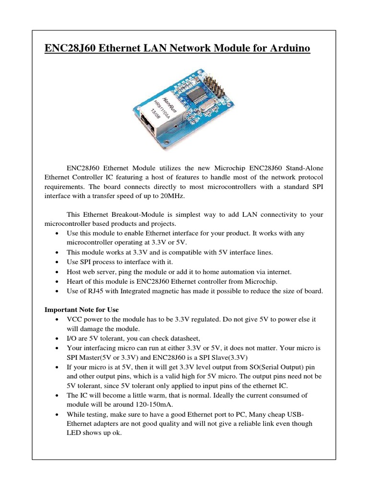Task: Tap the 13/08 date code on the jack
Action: click(x=157, y=114)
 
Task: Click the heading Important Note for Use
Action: click(x=81, y=310)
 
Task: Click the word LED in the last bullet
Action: click(x=75, y=433)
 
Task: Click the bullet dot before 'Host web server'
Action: click(x=58, y=272)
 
